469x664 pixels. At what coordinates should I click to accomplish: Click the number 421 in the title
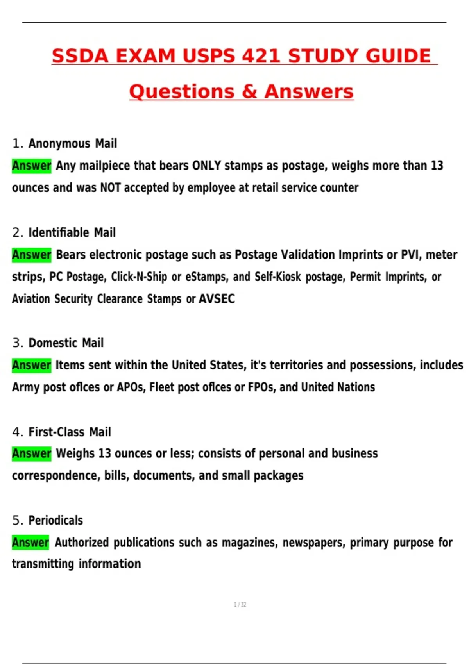pos(261,56)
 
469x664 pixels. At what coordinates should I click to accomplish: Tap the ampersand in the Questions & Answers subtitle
pos(249,92)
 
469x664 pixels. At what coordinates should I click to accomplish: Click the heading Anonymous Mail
pos(73,143)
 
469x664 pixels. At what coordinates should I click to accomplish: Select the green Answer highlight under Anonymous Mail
pos(32,166)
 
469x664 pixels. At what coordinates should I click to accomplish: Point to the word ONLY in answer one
pos(206,166)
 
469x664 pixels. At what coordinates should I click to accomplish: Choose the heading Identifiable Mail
pos(72,232)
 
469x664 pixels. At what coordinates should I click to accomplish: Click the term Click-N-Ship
pos(139,277)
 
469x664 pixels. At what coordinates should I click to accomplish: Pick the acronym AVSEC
pos(217,299)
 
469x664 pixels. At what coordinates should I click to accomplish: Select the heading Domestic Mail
pos(66,343)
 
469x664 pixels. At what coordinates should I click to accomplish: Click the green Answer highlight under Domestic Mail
pos(32,365)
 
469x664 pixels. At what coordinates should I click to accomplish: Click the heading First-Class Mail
pos(70,432)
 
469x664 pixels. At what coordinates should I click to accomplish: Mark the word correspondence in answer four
pos(56,476)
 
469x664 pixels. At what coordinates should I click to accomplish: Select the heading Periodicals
pos(55,520)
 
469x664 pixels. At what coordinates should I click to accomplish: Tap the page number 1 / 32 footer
pos(240,605)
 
